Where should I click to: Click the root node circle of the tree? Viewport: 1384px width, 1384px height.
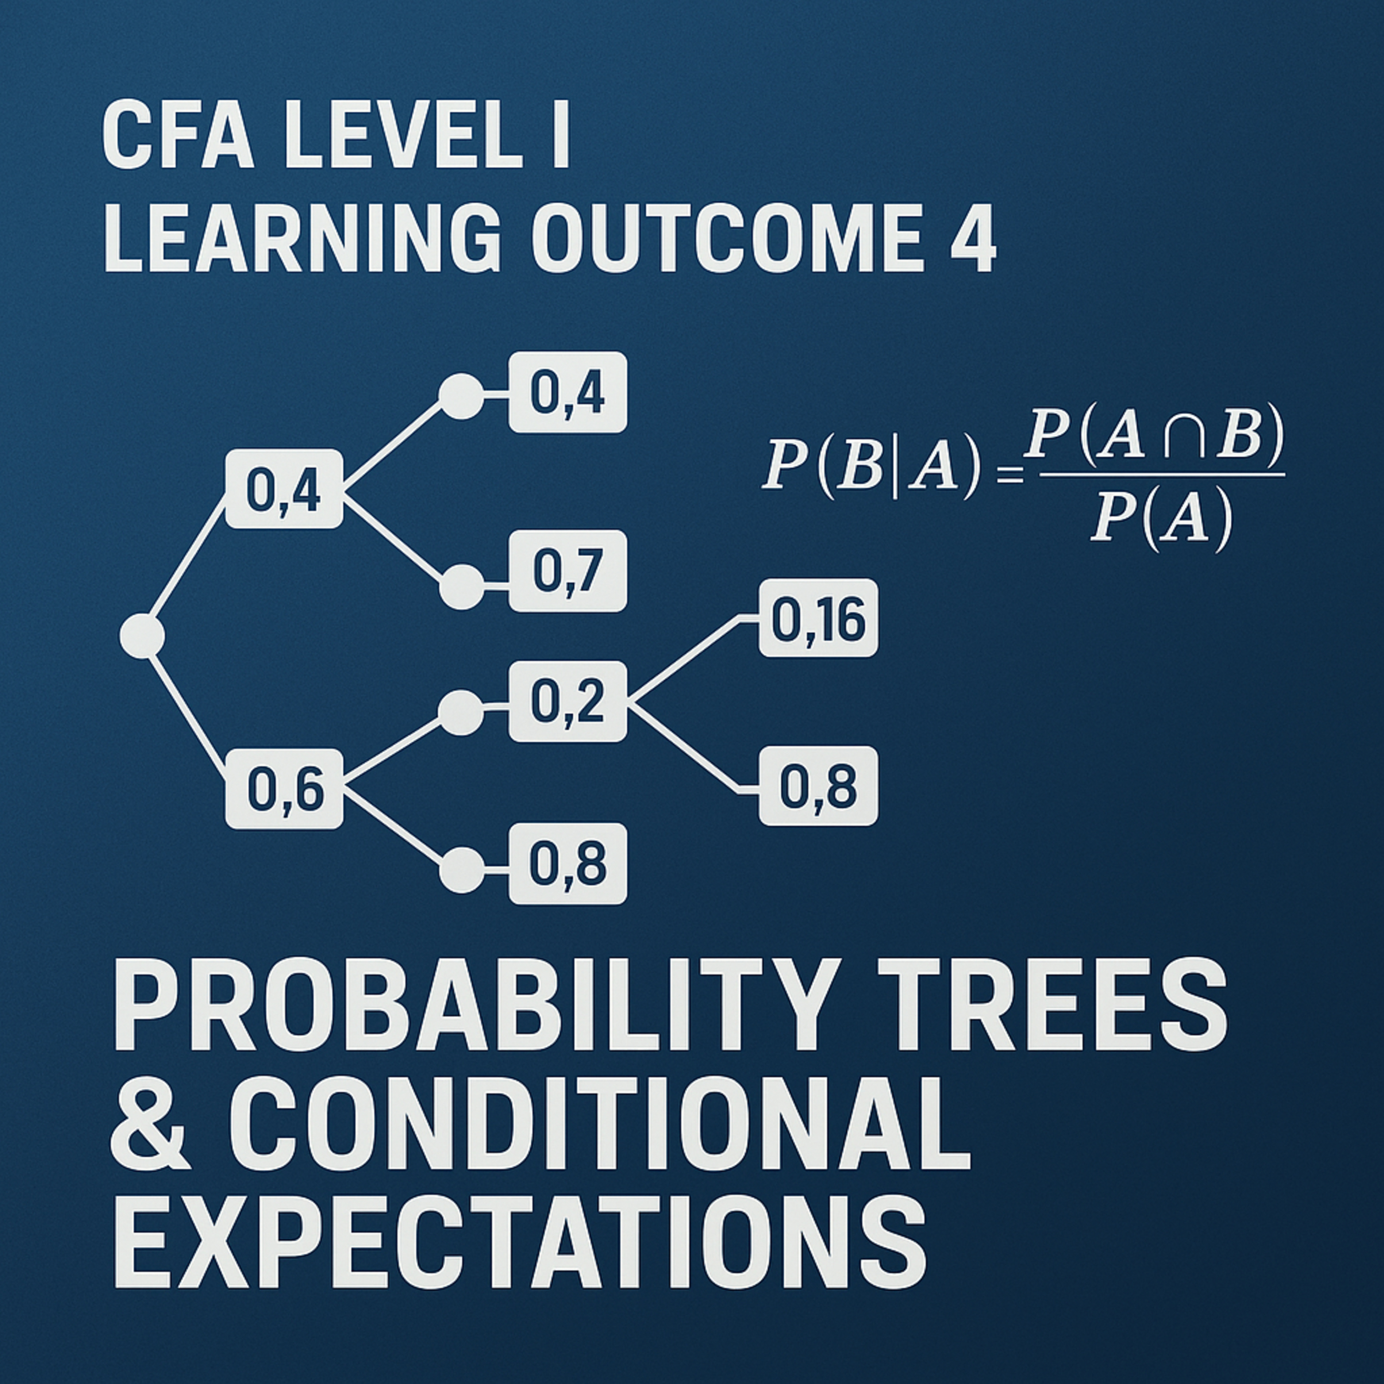[x=142, y=635]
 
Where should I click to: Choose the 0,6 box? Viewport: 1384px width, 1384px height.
[x=284, y=789]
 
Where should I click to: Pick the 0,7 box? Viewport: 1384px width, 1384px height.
[x=567, y=571]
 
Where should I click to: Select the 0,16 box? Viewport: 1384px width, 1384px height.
[x=818, y=618]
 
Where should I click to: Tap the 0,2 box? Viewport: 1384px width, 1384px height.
[x=567, y=701]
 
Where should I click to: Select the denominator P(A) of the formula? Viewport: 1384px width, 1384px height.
[x=1161, y=518]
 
